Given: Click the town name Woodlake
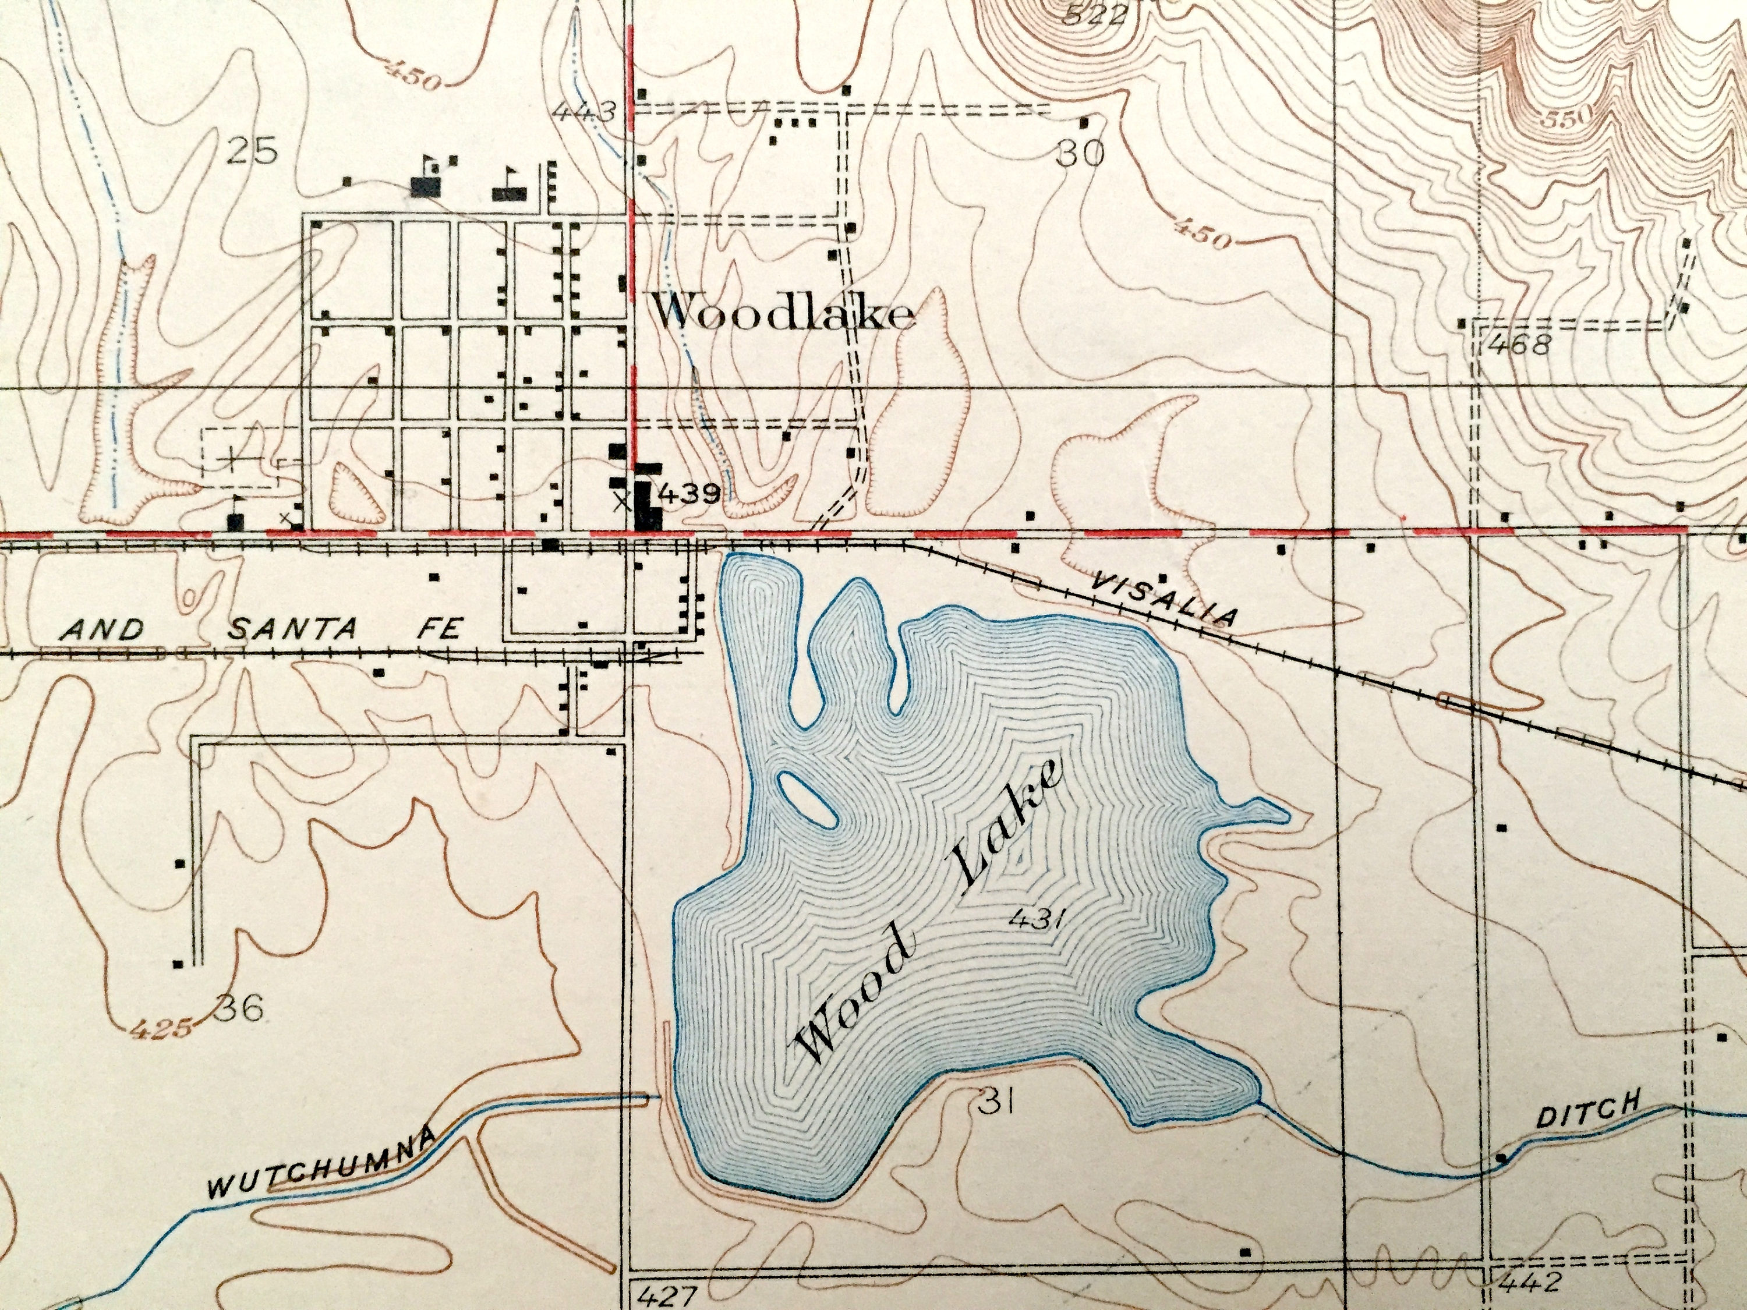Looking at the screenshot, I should [x=782, y=315].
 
